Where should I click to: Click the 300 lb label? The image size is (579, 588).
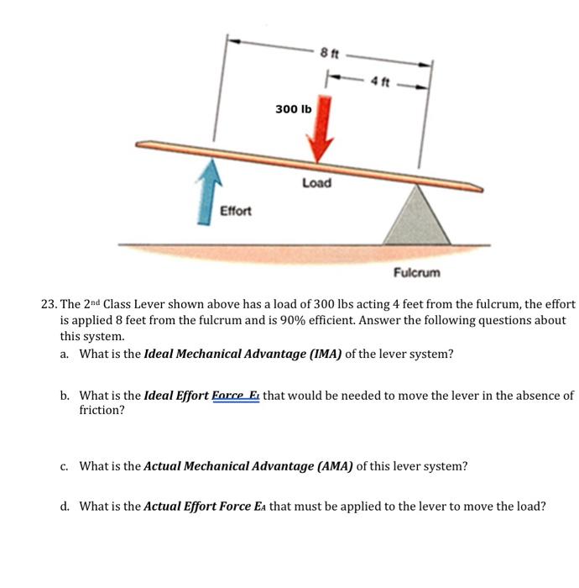(x=293, y=110)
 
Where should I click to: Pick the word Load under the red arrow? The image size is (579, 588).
(x=316, y=182)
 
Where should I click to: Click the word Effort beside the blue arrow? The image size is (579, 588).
(x=235, y=210)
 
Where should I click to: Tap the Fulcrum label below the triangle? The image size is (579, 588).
(x=416, y=273)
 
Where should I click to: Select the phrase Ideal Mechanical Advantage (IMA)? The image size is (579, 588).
(x=243, y=354)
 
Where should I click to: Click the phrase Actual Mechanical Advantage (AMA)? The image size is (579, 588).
(x=248, y=465)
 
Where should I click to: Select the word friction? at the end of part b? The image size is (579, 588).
(x=102, y=411)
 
